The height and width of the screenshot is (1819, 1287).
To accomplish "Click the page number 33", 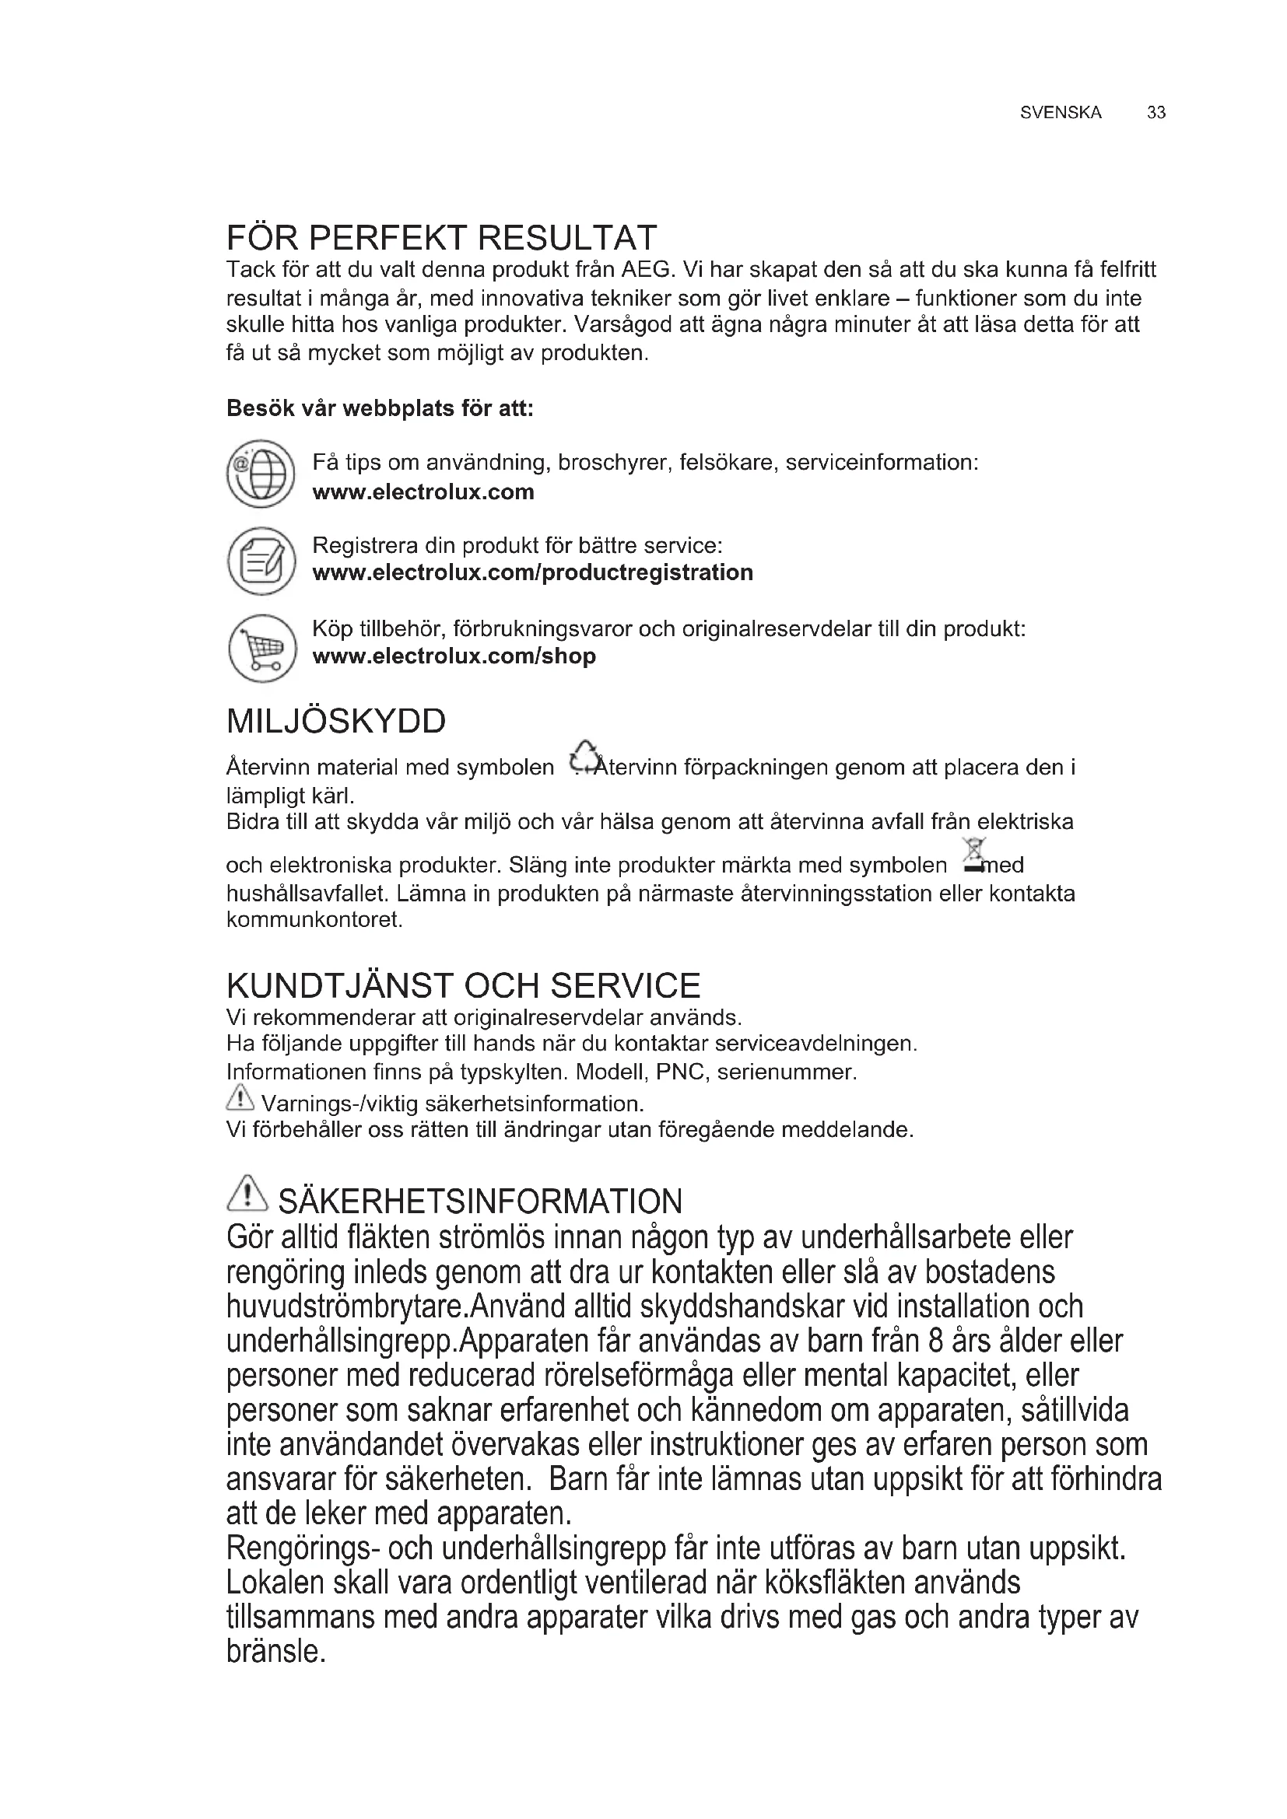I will [x=1155, y=113].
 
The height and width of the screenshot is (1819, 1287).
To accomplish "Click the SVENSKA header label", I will [x=1061, y=113].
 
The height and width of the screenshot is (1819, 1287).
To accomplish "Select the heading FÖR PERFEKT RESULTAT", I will [x=441, y=238].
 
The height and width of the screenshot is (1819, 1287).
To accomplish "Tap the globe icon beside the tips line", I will [x=261, y=474].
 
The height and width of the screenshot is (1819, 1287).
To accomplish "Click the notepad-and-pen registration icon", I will [x=261, y=560].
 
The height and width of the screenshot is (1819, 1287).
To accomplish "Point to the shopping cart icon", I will [x=261, y=648].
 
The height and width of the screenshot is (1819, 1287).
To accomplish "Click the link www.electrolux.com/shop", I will [x=454, y=656].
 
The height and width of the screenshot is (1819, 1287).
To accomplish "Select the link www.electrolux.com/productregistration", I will [x=532, y=572].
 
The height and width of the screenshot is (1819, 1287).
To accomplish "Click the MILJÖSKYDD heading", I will [x=336, y=721].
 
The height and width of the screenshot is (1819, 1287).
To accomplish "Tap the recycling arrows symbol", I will [x=584, y=757].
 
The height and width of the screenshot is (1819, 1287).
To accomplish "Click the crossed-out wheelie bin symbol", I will [x=974, y=855].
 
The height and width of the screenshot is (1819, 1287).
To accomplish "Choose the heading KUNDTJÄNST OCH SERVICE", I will [x=464, y=985].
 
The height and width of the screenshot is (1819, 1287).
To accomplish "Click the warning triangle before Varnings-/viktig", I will [x=240, y=1099].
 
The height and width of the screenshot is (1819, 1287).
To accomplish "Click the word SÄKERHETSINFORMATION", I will [x=479, y=1202].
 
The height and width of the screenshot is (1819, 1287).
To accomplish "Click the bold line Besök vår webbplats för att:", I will [x=380, y=408].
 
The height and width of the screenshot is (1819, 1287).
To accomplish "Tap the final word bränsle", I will [x=275, y=1652].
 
